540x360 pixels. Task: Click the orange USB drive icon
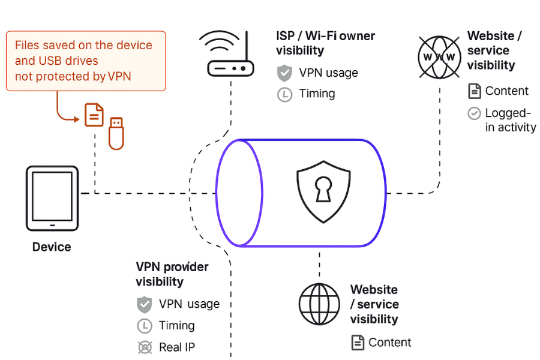click(x=116, y=133)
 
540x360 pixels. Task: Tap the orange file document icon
click(x=94, y=115)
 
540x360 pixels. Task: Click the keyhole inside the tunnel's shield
click(x=323, y=191)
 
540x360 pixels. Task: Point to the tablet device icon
click(x=52, y=198)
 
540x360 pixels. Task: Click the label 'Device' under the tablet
click(x=52, y=247)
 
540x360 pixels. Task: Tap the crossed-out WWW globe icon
click(x=440, y=57)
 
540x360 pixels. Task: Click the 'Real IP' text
click(x=177, y=347)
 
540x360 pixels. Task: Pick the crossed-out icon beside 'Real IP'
click(x=145, y=347)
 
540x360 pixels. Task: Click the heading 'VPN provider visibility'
click(x=172, y=274)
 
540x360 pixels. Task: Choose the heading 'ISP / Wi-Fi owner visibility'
click(x=325, y=43)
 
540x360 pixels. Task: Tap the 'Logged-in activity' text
click(x=510, y=120)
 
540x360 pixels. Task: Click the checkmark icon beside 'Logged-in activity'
click(x=474, y=113)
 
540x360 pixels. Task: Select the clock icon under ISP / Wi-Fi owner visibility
click(x=284, y=94)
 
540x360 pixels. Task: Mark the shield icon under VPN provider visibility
click(x=145, y=304)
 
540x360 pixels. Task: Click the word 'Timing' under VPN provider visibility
click(x=177, y=325)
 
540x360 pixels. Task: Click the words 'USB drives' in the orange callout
click(x=65, y=61)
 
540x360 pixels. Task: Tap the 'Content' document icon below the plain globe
click(x=358, y=343)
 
